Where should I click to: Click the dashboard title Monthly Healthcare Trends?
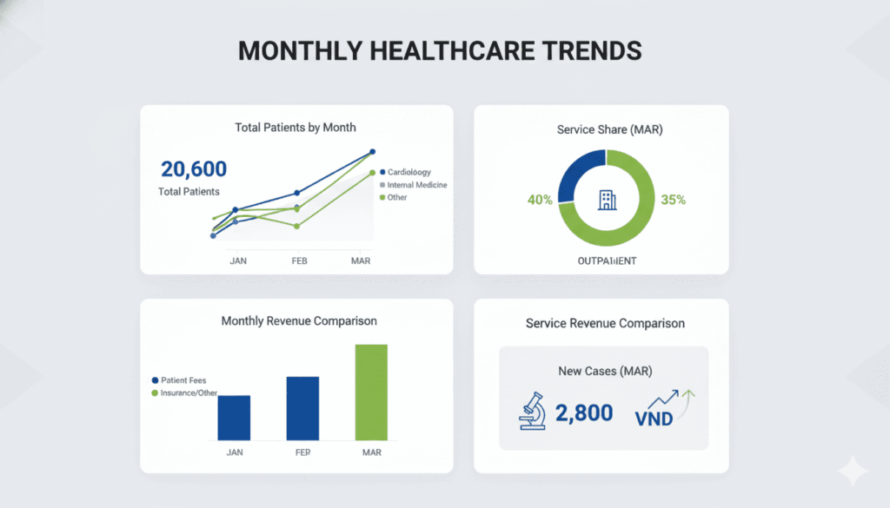pos(440,51)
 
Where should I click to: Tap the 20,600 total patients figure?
pos(194,168)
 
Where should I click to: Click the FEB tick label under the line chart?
pos(299,261)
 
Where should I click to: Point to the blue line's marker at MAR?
pos(373,152)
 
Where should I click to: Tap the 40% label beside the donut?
pos(540,200)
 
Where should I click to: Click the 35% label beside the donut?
pos(673,200)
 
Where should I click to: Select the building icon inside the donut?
pos(606,200)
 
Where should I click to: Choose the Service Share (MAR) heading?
pos(601,129)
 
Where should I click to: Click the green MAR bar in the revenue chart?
pos(371,392)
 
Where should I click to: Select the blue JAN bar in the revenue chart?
pos(234,417)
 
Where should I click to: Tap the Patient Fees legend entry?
pos(186,380)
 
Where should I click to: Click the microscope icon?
pos(532,412)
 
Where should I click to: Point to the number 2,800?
pos(584,413)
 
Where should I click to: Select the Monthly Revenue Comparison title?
pos(299,321)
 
